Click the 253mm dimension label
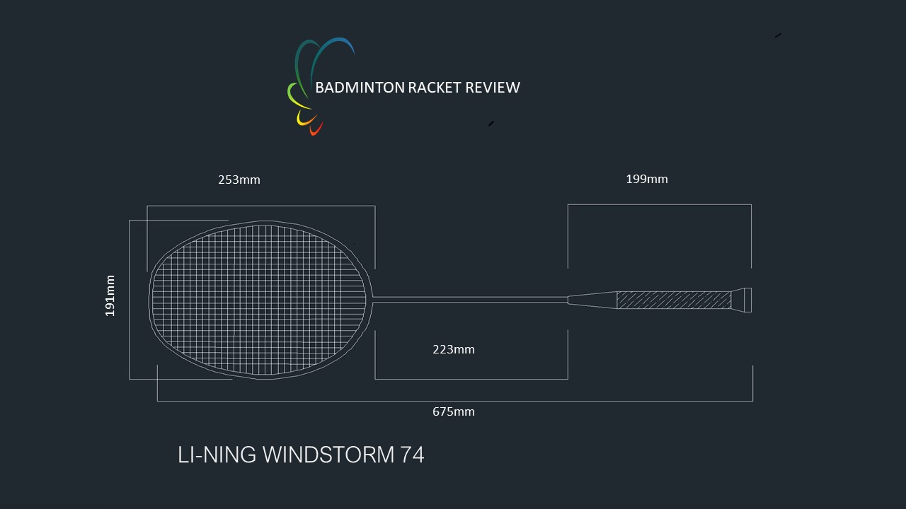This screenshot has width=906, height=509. click(x=239, y=180)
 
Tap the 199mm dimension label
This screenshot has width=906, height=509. click(x=646, y=179)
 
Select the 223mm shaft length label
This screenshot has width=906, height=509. click(x=453, y=349)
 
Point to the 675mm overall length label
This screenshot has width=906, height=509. click(x=453, y=411)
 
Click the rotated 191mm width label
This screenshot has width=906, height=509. click(x=110, y=296)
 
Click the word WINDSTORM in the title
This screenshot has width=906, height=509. click(x=328, y=455)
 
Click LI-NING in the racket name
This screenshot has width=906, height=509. click(x=217, y=455)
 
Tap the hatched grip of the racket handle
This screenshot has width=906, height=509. click(x=673, y=300)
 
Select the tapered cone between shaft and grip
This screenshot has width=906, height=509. click(x=592, y=300)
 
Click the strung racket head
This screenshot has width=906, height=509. click(x=259, y=299)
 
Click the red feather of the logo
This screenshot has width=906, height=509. click(x=316, y=129)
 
